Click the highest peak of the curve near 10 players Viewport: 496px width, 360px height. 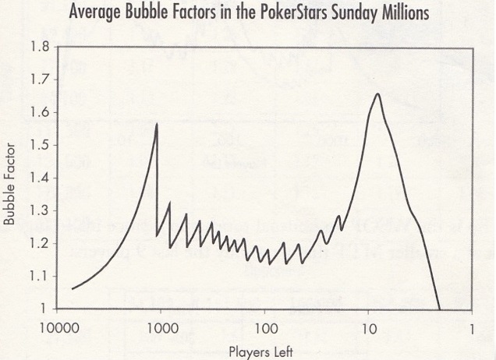pos(378,94)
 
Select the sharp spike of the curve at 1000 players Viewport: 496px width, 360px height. pos(157,125)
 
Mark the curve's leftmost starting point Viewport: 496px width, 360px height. pos(72,288)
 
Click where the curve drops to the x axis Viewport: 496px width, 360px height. pos(440,309)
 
